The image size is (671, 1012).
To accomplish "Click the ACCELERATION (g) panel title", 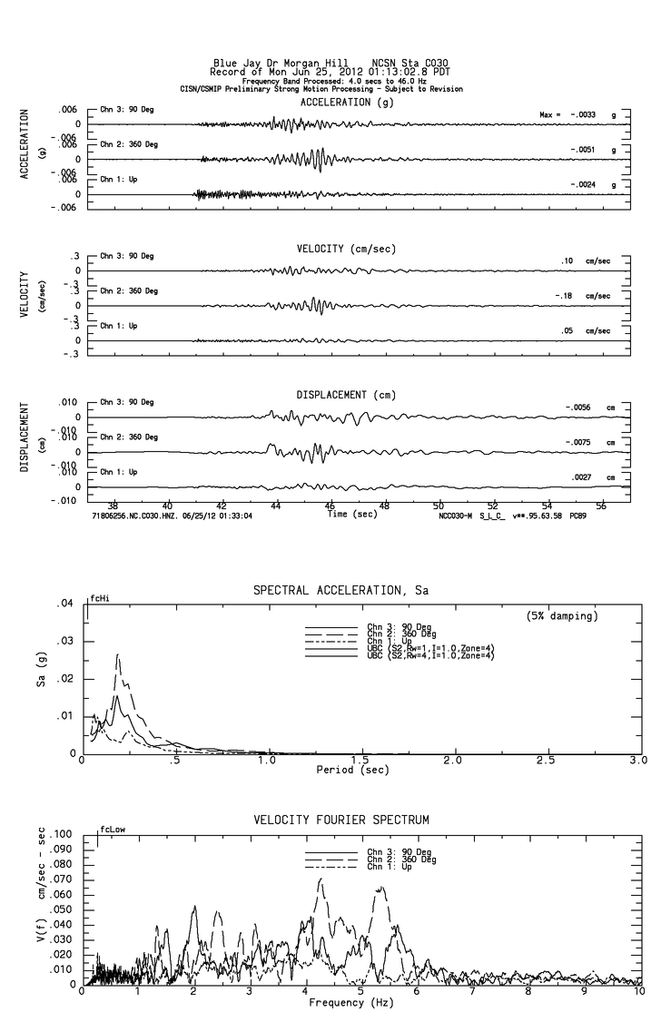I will (335, 103).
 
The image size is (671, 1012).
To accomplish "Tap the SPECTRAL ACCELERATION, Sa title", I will (340, 591).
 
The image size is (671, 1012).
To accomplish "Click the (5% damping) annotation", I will (561, 616).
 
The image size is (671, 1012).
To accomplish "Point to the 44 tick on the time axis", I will (276, 505).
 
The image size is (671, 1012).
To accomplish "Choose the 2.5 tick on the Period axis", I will (545, 761).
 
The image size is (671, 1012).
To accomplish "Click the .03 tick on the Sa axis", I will (64, 641).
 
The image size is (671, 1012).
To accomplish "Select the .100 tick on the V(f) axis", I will (62, 833).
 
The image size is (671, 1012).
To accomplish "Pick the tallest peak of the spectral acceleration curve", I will (117, 654).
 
